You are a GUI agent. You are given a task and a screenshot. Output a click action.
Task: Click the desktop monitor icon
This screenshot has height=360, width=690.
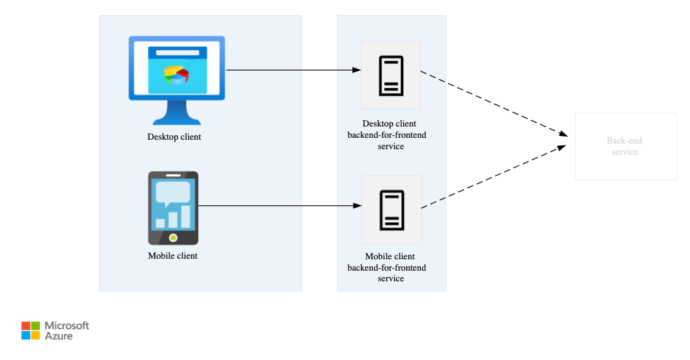tap(177, 81)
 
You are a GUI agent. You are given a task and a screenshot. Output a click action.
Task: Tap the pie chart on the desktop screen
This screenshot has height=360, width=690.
tap(177, 75)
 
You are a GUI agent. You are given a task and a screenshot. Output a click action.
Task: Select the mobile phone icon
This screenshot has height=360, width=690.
tap(174, 208)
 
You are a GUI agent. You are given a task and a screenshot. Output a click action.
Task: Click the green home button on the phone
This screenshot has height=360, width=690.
tap(174, 238)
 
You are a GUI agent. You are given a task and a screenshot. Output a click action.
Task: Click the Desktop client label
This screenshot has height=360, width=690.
tap(174, 137)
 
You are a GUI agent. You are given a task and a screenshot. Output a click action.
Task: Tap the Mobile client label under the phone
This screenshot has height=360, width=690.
tap(173, 256)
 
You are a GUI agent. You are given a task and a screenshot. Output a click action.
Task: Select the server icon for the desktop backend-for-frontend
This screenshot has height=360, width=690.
tap(391, 76)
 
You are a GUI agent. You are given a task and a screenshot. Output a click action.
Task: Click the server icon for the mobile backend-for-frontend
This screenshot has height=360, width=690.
tap(392, 210)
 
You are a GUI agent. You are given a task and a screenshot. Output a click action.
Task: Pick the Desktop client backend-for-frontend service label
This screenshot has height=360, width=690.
tap(387, 135)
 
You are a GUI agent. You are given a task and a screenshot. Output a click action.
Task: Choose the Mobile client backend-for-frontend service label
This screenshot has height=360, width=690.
tap(387, 267)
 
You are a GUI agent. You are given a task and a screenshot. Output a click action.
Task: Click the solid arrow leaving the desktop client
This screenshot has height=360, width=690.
tap(294, 70)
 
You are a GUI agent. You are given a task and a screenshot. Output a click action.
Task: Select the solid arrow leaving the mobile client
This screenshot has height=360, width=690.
tap(280, 206)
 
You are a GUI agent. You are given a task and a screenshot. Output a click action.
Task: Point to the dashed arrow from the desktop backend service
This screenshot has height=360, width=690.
tap(494, 104)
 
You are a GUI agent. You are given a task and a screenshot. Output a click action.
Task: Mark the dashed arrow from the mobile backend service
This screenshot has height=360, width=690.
tap(494, 176)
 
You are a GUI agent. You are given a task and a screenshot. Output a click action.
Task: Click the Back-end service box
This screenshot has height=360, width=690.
tap(625, 146)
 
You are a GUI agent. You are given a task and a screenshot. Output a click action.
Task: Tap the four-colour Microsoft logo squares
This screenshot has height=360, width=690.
tap(30, 330)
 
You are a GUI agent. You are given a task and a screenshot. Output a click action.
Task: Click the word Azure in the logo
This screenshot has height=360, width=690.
tap(58, 336)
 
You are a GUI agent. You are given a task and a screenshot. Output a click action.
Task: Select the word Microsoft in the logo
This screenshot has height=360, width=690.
tap(67, 325)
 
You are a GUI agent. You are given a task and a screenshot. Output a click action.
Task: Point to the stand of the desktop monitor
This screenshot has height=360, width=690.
tap(177, 113)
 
